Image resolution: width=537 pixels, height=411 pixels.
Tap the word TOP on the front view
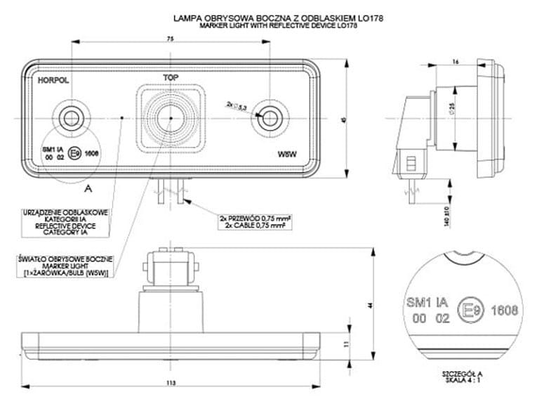pyautogui.click(x=171, y=76)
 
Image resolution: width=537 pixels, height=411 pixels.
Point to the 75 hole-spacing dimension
pyautogui.click(x=171, y=39)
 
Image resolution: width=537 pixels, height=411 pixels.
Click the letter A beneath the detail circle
pyautogui.click(x=88, y=188)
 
